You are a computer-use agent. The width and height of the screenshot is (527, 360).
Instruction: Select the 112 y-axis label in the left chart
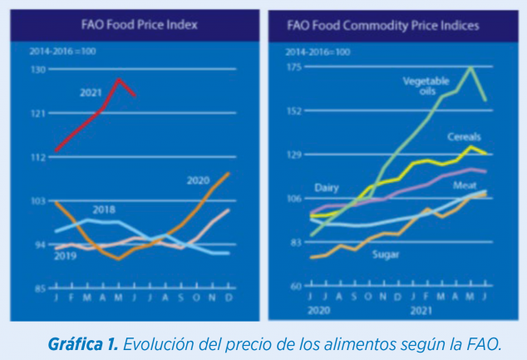point(38,157)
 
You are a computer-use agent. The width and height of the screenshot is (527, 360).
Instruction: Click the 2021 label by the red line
point(91,92)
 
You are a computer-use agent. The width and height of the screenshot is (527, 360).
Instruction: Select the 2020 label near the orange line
point(198,180)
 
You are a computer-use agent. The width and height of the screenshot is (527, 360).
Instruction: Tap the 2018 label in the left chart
point(104,210)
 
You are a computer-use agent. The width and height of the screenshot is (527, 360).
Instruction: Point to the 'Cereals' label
point(464,136)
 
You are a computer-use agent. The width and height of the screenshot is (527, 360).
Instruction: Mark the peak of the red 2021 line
point(120,80)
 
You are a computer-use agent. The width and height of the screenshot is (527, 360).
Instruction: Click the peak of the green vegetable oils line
point(472,67)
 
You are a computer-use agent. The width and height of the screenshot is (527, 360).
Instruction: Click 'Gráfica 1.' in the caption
point(85,343)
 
